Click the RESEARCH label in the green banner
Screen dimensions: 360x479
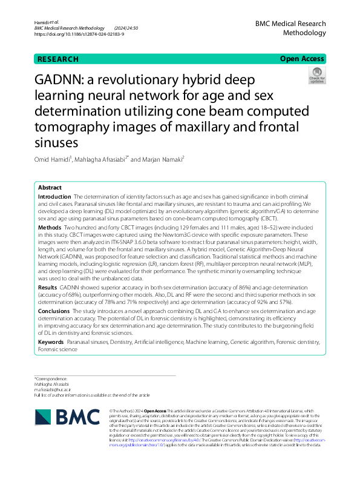(x=58, y=59)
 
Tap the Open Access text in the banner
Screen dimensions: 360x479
(x=301, y=59)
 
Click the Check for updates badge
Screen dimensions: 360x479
(x=316, y=75)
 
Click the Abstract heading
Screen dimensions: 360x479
(x=50, y=188)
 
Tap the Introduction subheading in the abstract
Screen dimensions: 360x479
(x=54, y=197)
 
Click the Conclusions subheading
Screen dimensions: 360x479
(x=53, y=311)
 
